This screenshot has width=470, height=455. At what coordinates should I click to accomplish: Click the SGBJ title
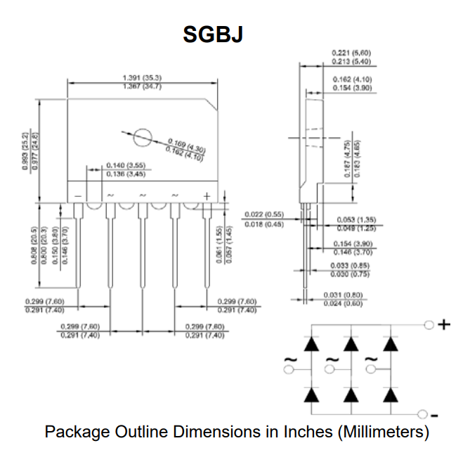[x=213, y=34]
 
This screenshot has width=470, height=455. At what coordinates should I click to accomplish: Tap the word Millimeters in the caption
[x=382, y=431]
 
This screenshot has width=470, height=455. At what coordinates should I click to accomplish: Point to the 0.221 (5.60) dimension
[x=351, y=53]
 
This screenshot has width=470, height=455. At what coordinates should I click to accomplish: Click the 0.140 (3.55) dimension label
[x=125, y=166]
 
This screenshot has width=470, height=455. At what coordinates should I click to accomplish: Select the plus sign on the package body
[x=207, y=195]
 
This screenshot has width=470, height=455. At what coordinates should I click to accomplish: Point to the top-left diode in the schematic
[x=311, y=345]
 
